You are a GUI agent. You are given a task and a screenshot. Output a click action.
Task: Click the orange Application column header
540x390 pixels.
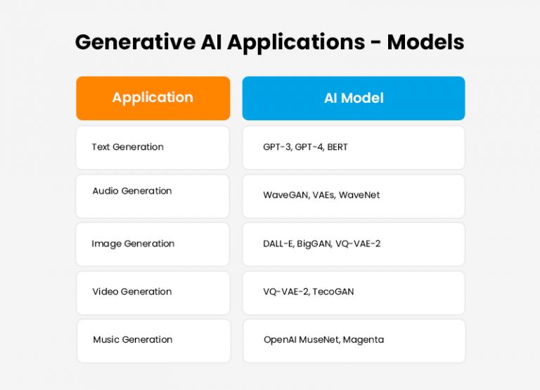pos(153,98)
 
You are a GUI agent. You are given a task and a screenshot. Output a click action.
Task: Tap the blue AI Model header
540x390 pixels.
pos(354,98)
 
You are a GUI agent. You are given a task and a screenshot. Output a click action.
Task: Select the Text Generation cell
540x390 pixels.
pos(153,147)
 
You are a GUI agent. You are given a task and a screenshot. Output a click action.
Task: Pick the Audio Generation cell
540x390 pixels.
pos(153,191)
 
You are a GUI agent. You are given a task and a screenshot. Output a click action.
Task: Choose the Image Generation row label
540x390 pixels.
pos(133,244)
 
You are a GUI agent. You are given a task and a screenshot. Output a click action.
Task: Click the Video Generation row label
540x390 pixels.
pos(132,291)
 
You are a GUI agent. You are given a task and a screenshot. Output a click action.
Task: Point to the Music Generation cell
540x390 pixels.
pos(153,339)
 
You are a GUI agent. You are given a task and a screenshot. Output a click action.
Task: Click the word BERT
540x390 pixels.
pos(337,147)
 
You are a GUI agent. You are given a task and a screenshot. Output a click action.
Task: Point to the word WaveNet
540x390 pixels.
pos(359,194)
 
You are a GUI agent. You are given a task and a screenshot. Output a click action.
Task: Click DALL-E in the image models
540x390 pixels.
pos(279,244)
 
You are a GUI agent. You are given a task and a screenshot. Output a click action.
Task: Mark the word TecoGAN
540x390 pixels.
pos(333,291)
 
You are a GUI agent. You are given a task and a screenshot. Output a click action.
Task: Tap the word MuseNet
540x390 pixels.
pos(318,339)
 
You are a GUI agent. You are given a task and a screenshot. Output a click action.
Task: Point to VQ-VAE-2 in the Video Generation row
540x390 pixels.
pos(285,291)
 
